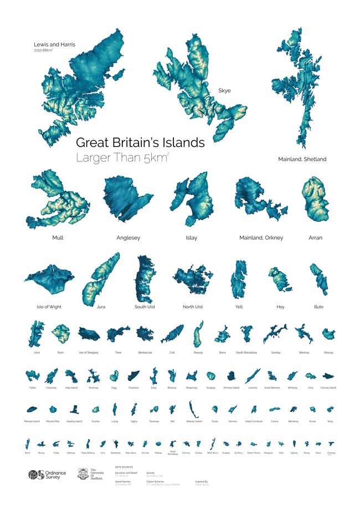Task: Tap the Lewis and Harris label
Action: coord(54,44)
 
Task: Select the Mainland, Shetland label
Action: coord(302,159)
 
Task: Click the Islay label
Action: coord(192,238)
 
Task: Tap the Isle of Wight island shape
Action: coord(50,281)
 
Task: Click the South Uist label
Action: coord(145,307)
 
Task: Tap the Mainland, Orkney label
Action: coord(261,238)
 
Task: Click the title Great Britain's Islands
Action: coord(140,142)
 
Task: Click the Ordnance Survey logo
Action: coord(47,475)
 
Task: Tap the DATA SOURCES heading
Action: coord(124,467)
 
